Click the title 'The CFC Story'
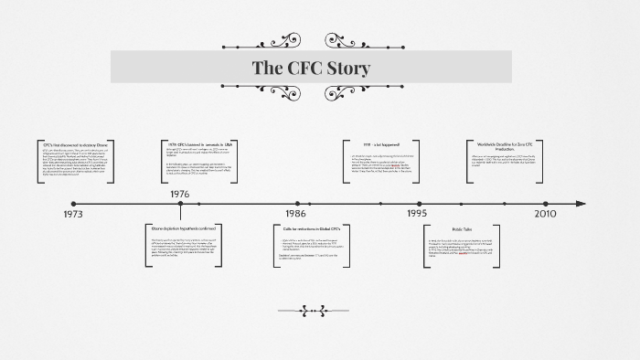(311, 68)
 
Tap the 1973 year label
(72, 214)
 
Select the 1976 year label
(180, 194)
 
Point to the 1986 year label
(296, 214)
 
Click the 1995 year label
(418, 214)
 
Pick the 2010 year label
(545, 214)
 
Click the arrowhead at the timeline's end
(581, 204)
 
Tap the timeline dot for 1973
(74, 204)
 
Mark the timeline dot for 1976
(180, 204)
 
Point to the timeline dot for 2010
(547, 204)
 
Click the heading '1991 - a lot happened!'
(380, 144)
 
